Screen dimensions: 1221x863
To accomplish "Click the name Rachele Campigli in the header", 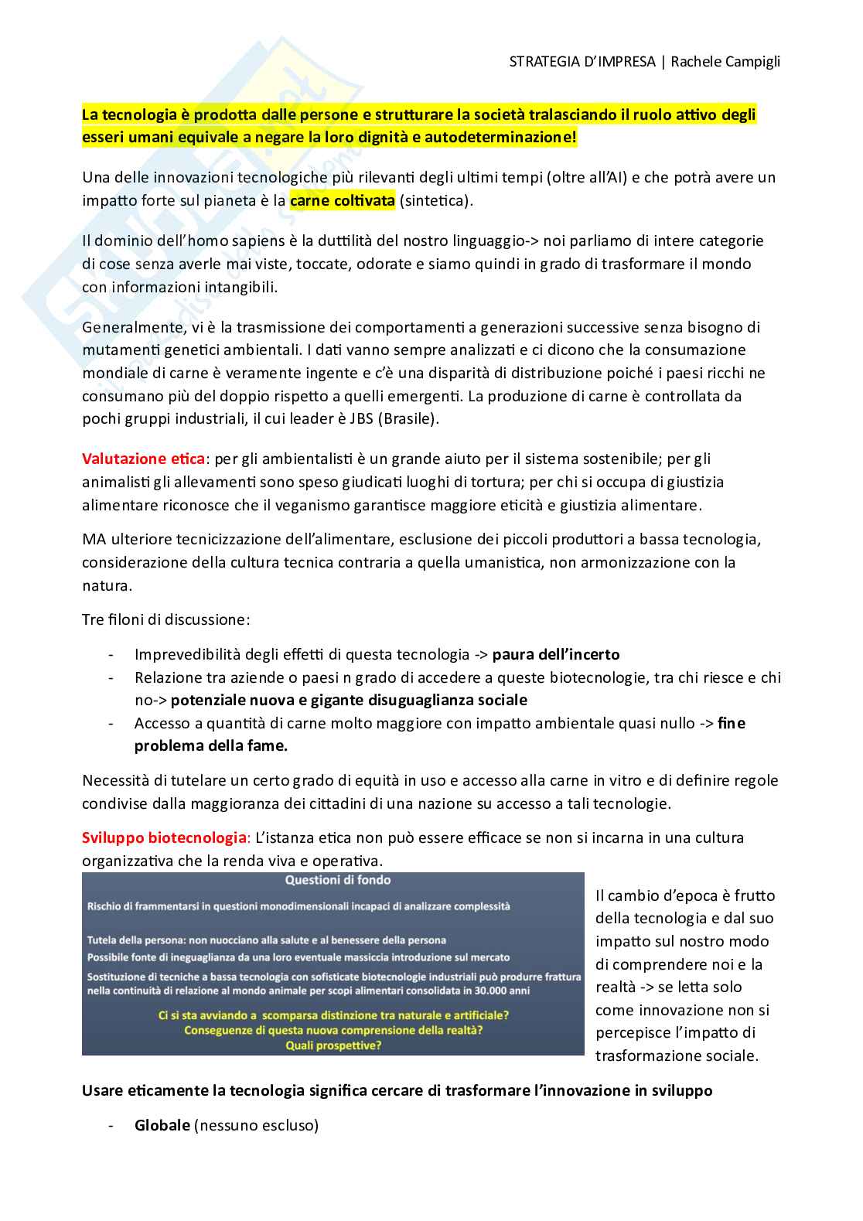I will click(x=725, y=62).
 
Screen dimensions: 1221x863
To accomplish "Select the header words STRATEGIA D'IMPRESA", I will click(x=582, y=62).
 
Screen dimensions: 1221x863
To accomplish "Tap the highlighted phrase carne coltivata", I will click(x=343, y=200).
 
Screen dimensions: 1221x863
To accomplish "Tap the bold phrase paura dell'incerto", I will click(x=556, y=654).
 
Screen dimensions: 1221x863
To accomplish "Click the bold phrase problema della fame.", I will click(x=211, y=745).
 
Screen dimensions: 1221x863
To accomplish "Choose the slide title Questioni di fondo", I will click(x=338, y=880).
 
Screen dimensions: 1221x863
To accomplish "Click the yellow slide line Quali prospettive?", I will click(x=333, y=1045).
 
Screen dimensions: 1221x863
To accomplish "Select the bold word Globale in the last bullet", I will click(x=162, y=1125).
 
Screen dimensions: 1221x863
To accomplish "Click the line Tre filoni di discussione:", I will click(x=166, y=619).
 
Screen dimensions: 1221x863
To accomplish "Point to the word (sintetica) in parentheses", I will click(x=435, y=200).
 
